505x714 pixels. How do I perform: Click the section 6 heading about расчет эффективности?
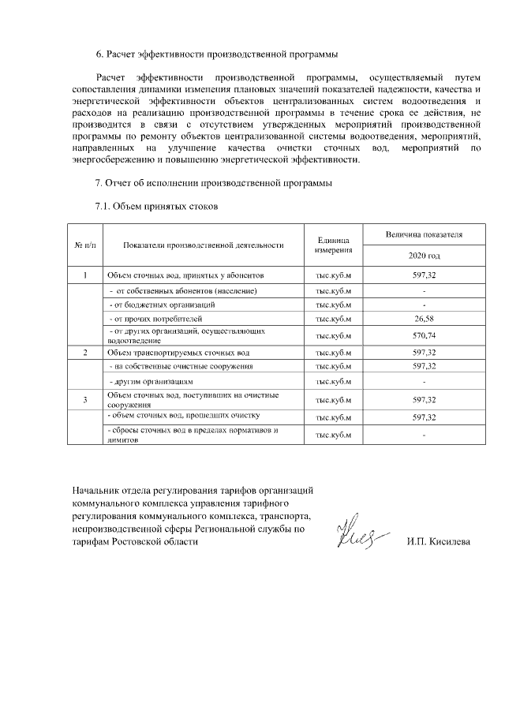coord(216,54)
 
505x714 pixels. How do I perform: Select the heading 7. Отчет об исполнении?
coord(214,184)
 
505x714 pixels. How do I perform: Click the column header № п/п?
coord(84,245)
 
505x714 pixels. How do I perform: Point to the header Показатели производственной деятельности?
coord(204,245)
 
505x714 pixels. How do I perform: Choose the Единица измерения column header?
coord(333,245)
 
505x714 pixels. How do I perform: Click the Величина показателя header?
coord(424,235)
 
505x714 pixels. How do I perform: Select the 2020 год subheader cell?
coord(424,256)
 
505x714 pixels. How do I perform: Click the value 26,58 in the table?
coord(424,320)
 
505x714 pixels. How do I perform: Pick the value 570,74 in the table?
coord(424,335)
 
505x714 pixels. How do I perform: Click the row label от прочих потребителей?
coord(150,320)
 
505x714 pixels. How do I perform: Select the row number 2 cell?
coord(84,352)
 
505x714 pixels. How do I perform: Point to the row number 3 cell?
coord(84,400)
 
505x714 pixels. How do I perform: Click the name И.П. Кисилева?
coord(438,543)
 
